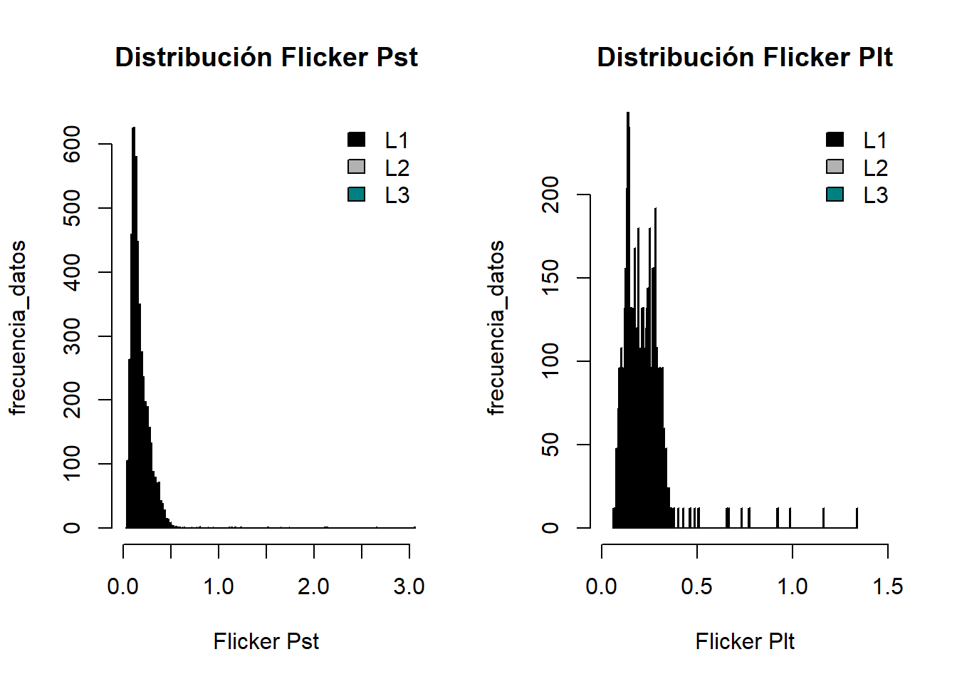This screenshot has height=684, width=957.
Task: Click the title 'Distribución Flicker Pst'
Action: coord(266,57)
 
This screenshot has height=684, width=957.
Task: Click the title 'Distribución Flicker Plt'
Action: coord(744,57)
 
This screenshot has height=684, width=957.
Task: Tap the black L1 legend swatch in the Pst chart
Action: coord(357,140)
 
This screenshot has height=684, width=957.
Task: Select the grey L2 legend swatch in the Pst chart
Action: coord(357,167)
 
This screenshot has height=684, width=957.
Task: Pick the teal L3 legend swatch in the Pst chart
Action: coord(357,195)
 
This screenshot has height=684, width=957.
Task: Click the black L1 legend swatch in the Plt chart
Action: coord(835,140)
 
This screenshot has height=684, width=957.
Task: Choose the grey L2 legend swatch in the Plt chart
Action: coord(835,167)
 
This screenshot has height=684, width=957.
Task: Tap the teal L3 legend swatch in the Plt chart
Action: coord(835,195)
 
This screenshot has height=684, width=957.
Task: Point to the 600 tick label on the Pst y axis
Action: coord(72,144)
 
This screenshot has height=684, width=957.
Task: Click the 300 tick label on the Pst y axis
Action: coord(72,336)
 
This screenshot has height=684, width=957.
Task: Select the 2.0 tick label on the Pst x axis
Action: coord(313,586)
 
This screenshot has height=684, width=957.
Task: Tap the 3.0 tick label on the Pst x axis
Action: coord(409,586)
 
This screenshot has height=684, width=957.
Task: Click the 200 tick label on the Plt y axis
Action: coord(550,195)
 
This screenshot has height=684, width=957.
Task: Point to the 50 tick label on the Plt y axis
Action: coord(550,445)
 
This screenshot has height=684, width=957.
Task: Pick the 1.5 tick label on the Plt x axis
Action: coord(887,586)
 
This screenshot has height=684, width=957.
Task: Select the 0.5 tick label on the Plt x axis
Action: coord(696,586)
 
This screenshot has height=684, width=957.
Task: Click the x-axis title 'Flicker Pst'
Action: coord(266,641)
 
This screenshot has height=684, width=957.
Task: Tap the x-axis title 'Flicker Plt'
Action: coord(745,641)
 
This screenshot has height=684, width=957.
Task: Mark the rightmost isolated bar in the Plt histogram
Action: coord(857,519)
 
